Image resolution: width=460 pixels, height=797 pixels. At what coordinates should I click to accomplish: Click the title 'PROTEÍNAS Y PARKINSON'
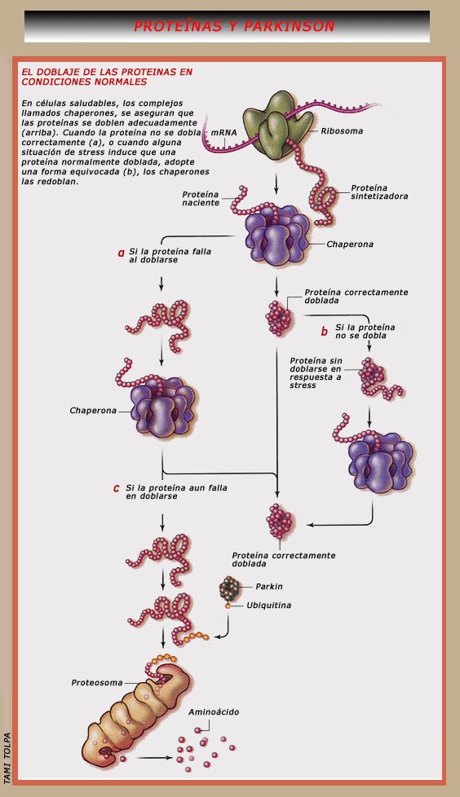[234, 26]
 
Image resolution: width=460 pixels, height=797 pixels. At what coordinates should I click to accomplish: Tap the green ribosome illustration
[277, 125]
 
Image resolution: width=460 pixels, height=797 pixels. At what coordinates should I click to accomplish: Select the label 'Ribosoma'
[342, 130]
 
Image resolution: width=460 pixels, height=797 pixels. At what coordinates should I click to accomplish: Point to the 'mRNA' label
[224, 133]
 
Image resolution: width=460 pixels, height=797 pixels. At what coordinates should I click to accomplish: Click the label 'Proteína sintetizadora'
[379, 192]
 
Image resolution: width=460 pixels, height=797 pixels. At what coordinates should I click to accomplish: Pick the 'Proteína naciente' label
[201, 198]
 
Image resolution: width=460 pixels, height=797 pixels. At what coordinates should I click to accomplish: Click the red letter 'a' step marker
[121, 253]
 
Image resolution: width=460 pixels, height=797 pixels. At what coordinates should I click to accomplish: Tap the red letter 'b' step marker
[324, 332]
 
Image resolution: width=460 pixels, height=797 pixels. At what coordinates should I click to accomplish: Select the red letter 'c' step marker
[116, 488]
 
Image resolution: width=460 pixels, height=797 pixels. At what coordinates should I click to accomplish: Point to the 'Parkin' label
[268, 587]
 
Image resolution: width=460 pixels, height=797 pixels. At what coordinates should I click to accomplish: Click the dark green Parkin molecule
[229, 589]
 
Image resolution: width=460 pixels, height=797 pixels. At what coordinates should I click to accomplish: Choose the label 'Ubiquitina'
[268, 605]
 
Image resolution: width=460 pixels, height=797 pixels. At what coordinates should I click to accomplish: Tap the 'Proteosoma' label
[97, 683]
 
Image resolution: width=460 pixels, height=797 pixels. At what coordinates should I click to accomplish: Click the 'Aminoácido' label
[214, 712]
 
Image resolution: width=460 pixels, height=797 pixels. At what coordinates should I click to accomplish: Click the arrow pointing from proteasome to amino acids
[154, 757]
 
